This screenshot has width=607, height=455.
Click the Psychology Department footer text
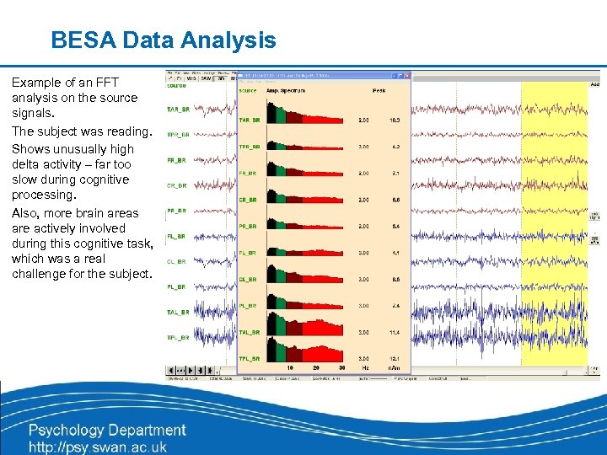[107, 430]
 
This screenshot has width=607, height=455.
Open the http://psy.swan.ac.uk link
[98, 447]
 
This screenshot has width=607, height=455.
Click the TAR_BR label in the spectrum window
[249, 120]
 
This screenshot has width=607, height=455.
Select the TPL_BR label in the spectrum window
[249, 359]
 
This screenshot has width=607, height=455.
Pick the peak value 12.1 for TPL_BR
[395, 359]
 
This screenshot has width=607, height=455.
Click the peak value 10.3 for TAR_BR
[395, 120]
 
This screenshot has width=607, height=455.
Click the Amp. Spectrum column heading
[287, 90]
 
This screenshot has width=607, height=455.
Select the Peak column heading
[379, 90]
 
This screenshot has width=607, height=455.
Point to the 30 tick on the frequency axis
[341, 368]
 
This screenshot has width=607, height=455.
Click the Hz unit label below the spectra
[364, 368]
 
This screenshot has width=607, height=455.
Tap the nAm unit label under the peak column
[394, 368]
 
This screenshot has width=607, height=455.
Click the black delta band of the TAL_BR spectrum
[271, 325]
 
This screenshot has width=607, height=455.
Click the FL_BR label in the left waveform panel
[176, 237]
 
